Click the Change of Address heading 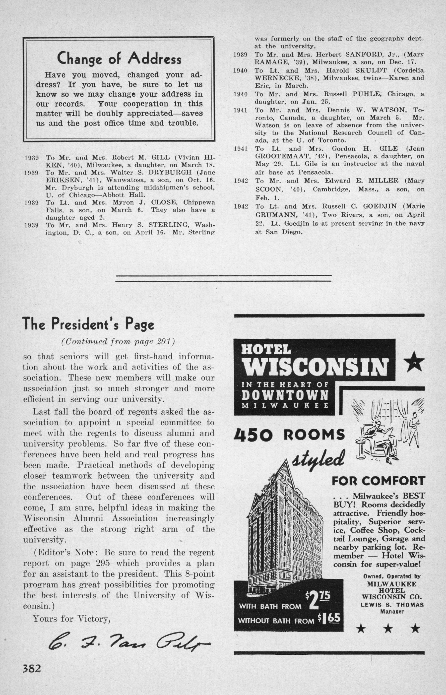point(119,59)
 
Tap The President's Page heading point(88,324)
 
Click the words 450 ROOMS point(289,434)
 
